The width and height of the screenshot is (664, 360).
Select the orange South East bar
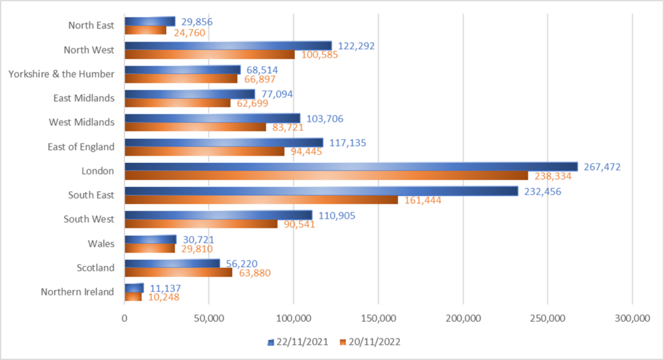261,200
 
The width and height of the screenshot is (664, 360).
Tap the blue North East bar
149,21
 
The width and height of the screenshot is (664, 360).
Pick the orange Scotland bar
178,272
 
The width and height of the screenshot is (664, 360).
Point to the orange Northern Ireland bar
133,297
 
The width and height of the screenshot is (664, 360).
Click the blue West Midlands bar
212,118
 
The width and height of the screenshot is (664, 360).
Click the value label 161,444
423,200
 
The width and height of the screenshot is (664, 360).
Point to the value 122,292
357,46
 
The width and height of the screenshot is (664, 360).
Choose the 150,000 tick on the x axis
378,318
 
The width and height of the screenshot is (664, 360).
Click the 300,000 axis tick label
632,318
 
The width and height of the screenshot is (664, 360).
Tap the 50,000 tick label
209,318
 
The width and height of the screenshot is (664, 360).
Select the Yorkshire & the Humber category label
61,74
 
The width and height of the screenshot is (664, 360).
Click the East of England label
81,147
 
